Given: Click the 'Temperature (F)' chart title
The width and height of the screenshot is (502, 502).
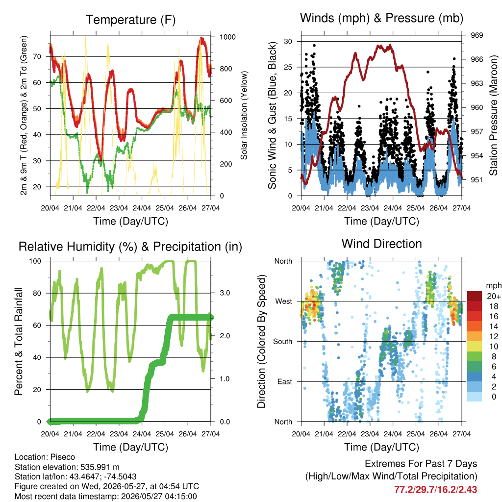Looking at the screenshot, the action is (130, 20).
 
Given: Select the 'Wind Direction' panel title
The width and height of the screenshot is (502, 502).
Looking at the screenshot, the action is (381, 244).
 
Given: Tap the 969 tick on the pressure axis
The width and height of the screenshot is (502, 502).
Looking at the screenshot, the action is (477, 35).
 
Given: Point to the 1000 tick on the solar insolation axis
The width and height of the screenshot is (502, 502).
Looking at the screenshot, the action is (227, 37).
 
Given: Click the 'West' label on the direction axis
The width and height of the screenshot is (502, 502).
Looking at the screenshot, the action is (284, 301).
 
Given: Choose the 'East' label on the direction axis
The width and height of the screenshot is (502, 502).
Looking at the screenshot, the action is (285, 381).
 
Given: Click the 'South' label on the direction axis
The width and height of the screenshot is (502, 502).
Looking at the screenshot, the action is (283, 342).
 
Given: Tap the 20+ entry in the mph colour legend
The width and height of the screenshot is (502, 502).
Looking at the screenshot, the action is (494, 297).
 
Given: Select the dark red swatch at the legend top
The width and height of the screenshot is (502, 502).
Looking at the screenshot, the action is (475, 296).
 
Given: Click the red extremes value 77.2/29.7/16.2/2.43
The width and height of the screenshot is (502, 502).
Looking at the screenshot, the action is (436, 490).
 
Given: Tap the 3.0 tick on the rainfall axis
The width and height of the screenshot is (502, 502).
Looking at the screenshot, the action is (225, 293).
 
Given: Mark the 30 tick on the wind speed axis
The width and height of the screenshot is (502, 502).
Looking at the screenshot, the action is (288, 41).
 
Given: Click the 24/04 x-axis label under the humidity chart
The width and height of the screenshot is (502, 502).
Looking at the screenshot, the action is (142, 434).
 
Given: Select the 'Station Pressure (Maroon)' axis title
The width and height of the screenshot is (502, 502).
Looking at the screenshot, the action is (493, 115).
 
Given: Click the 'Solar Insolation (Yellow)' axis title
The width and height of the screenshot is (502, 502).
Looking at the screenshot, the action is (244, 115).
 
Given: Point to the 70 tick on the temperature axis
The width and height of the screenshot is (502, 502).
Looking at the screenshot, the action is (37, 57).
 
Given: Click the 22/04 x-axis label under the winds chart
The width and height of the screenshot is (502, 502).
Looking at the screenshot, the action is (347, 208).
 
